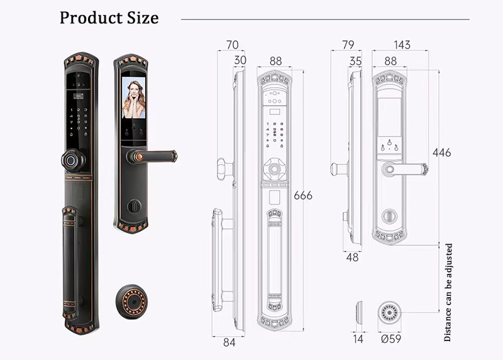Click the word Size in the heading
click(143, 18)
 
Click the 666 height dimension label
click(303, 196)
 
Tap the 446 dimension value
click(442, 152)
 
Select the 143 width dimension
click(402, 45)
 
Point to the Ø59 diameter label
click(391, 339)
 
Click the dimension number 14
click(358, 339)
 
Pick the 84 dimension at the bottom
click(229, 342)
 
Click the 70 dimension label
click(232, 45)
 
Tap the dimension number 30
click(240, 60)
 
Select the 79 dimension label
click(348, 45)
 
